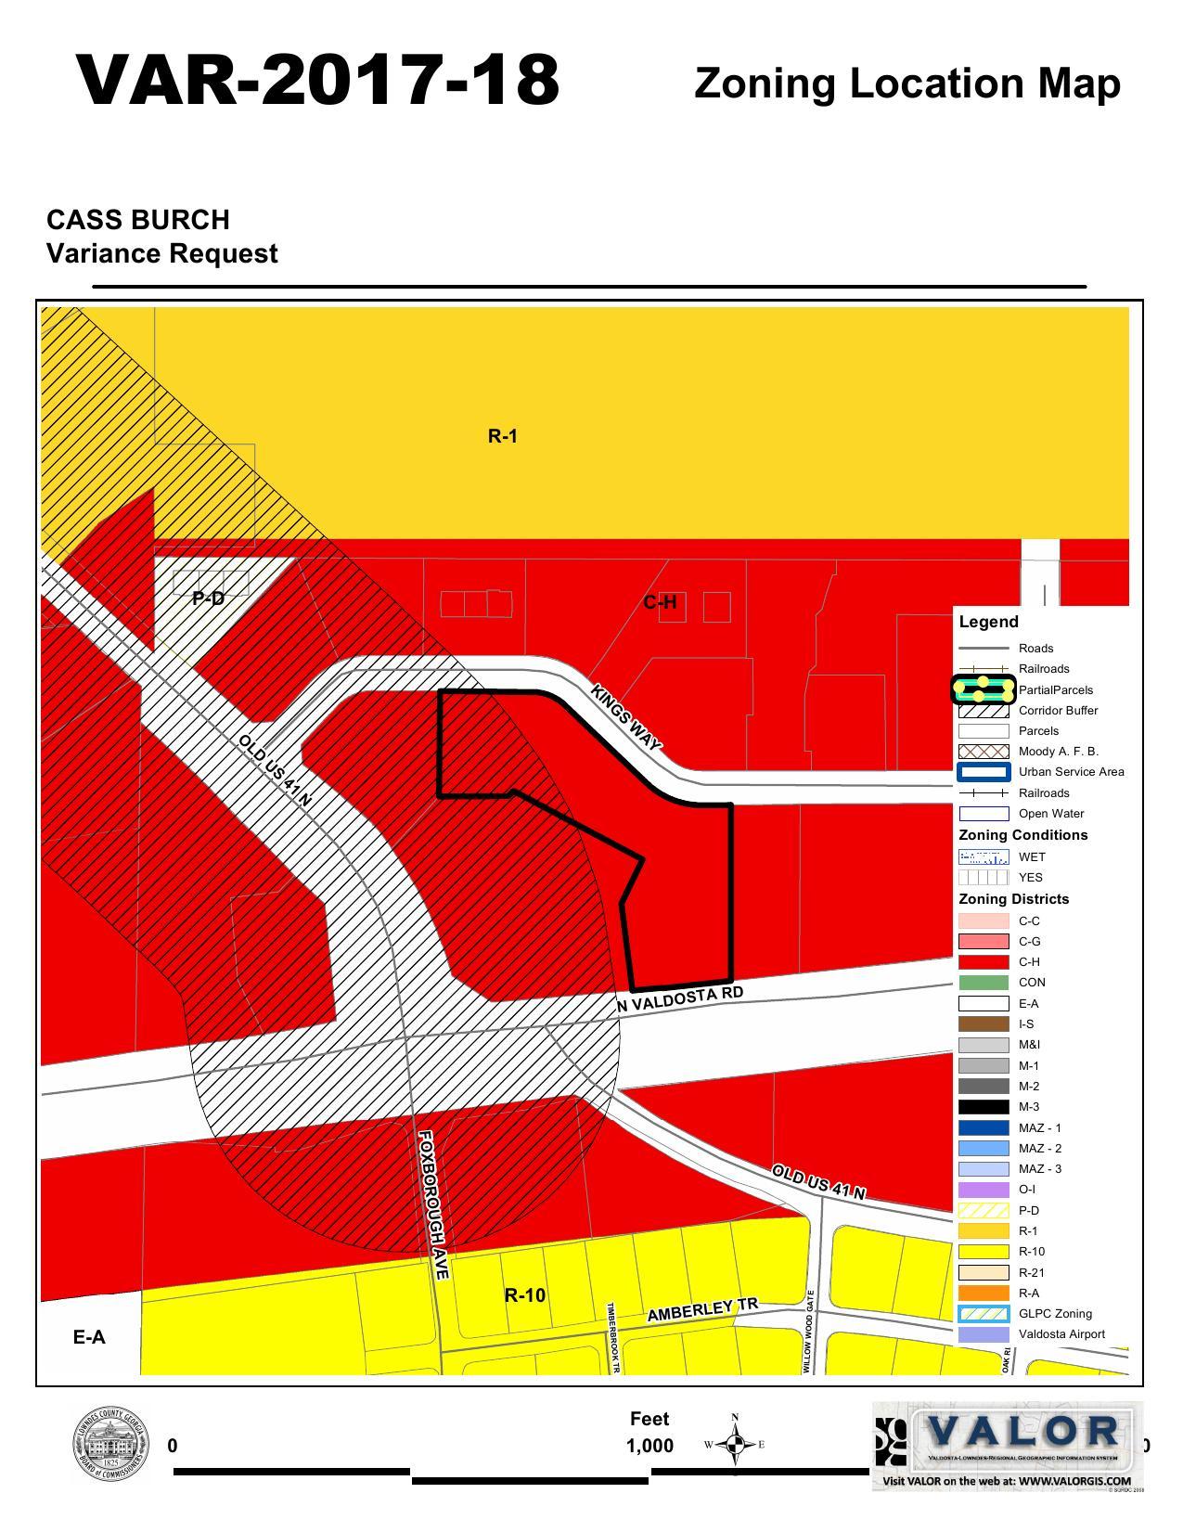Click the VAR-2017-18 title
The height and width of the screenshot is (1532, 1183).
coord(318,80)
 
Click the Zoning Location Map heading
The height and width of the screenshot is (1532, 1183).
coord(907,84)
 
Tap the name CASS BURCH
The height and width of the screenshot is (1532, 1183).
coord(138,220)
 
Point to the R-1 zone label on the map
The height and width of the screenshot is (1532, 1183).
coord(502,436)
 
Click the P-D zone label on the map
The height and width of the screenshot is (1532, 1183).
coord(208,599)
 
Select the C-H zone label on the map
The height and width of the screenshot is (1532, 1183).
coord(660,603)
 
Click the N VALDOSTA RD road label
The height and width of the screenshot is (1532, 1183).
coord(680,1000)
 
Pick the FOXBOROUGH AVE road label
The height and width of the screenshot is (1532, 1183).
coord(433,1204)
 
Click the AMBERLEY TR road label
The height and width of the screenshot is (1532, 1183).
coord(702,1310)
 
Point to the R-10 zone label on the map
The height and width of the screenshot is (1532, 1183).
coord(524,1295)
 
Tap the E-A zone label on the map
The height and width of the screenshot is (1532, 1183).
coord(89,1337)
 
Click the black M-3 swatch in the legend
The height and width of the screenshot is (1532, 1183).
coord(983,1107)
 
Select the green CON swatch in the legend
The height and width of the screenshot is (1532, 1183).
coord(983,983)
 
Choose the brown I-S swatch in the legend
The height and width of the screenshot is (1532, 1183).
coord(983,1024)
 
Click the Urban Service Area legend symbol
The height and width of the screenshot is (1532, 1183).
coord(983,772)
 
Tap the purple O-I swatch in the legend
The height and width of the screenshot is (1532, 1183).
coord(983,1190)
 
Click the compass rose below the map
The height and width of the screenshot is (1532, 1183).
coord(735,1445)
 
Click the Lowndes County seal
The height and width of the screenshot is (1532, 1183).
coord(109,1445)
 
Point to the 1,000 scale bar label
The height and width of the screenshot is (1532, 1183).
coord(649,1446)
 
